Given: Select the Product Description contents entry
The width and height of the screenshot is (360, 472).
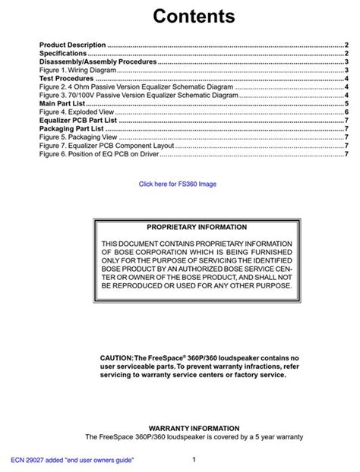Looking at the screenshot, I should pos(73,46).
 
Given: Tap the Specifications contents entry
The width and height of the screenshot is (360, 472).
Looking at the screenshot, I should pos(63,54).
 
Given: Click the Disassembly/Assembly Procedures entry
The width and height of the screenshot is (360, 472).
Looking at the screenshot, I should pos(98,62).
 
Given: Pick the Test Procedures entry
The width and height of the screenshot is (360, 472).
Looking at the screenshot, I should pos(67,79).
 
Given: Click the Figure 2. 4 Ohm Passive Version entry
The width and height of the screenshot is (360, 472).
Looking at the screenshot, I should pos(136,87).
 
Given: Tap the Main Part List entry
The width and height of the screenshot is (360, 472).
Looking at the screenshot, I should pos(62,104).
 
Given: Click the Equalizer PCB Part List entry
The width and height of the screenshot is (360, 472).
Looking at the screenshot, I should pos(79,121).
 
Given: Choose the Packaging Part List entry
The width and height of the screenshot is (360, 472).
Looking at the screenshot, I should pos(71,129).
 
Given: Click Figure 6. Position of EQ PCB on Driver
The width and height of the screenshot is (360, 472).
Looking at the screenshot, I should pos(99,154).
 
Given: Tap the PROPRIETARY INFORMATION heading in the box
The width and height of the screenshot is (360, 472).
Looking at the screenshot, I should pos(197,227).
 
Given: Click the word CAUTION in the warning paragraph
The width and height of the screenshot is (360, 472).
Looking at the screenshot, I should pos(116,357).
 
